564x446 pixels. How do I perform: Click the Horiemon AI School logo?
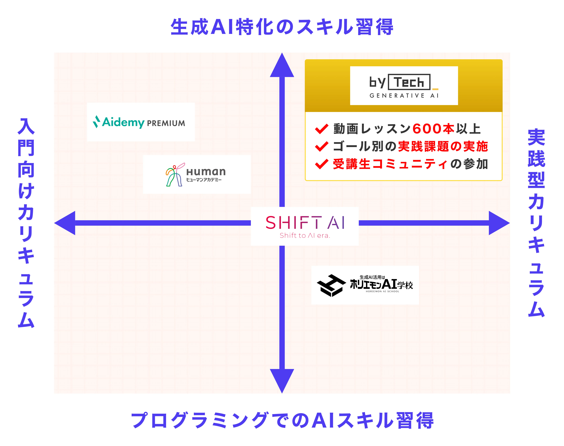365,285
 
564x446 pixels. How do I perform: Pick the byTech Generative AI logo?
404,86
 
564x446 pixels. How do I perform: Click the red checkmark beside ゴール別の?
321,146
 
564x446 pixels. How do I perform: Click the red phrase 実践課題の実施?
443,146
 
